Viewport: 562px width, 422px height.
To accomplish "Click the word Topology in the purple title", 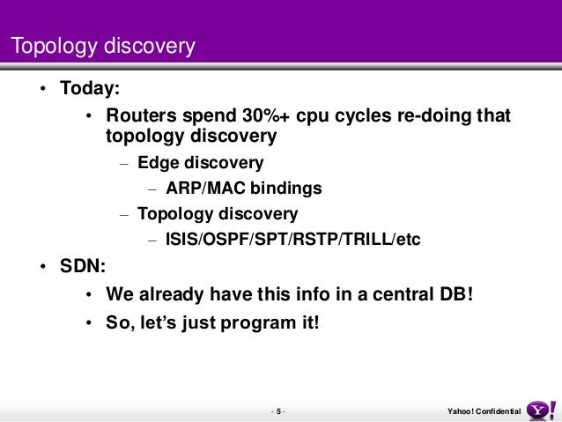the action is coord(54,46).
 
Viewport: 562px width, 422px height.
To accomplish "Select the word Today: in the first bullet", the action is coord(90,88).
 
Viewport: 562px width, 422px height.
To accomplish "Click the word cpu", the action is coord(313,117).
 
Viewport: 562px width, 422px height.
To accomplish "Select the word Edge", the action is coord(158,163).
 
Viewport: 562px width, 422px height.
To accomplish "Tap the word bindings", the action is coord(285,189).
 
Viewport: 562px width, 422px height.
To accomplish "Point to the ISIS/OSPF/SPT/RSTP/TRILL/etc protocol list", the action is coord(292,239).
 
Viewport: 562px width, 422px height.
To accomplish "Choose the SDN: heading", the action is coord(83,266).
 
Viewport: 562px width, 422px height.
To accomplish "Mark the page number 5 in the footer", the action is coord(278,411).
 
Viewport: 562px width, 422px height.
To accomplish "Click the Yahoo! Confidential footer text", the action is coord(484,411).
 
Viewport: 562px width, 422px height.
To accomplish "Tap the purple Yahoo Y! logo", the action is coord(541,411).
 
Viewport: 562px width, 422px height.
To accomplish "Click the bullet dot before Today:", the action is coord(43,88).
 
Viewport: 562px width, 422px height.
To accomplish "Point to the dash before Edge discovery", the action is coord(124,164).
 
